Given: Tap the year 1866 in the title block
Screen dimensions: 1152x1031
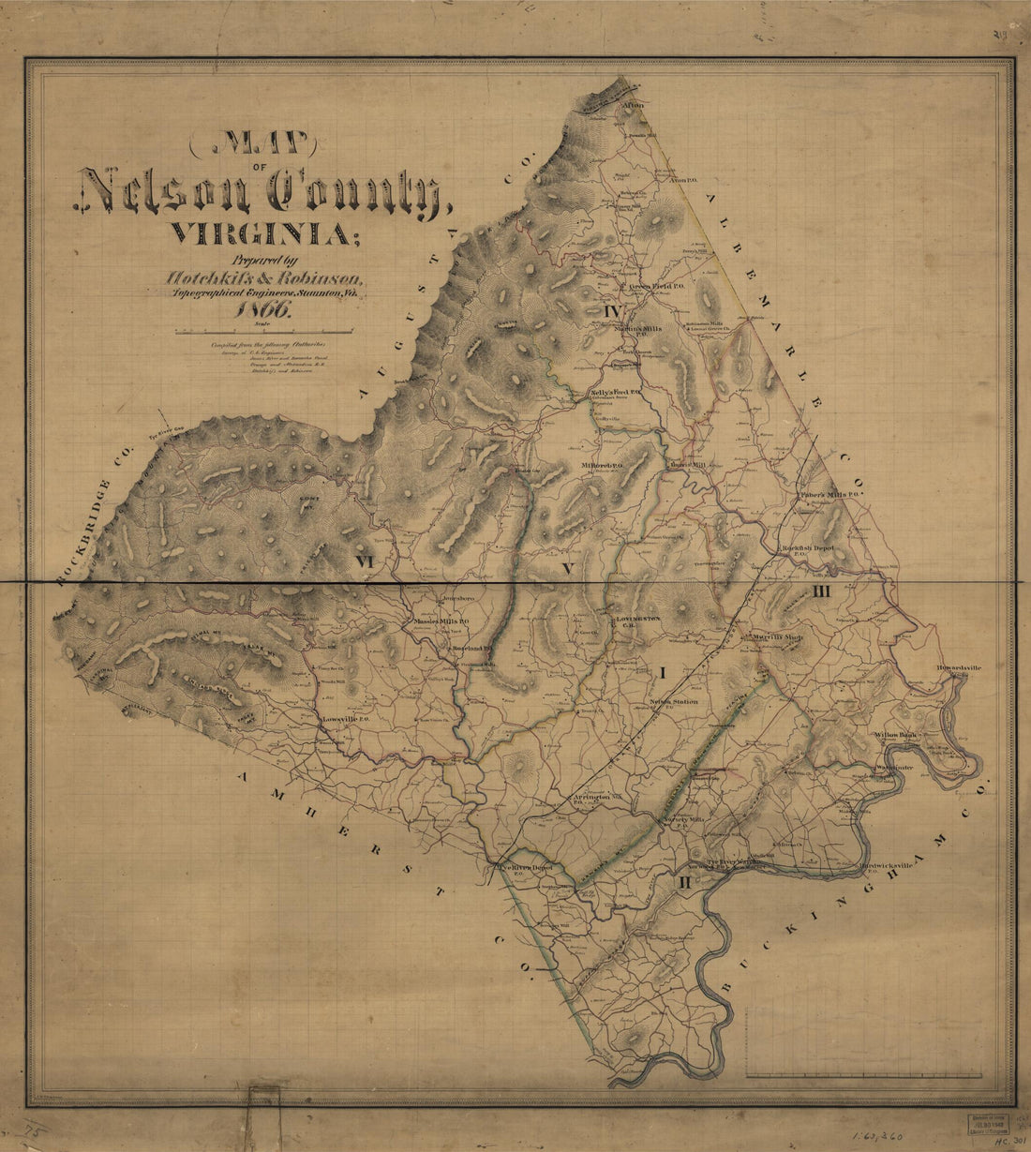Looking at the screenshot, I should click(266, 313).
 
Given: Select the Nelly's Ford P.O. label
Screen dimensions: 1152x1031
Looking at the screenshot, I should click(615, 392).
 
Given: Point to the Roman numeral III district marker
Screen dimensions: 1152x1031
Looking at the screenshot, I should click(822, 591).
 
